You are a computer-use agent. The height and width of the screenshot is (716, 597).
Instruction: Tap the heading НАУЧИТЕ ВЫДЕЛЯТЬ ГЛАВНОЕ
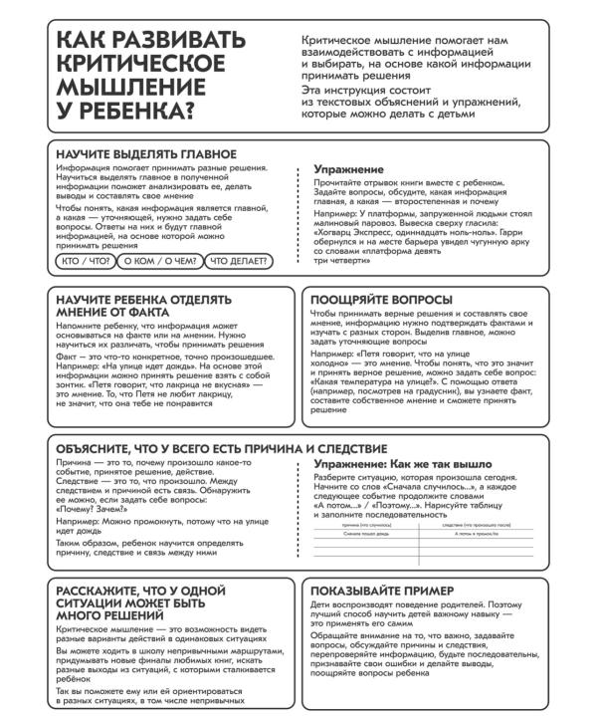point(146,154)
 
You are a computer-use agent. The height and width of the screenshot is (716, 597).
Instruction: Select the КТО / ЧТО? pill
point(86,262)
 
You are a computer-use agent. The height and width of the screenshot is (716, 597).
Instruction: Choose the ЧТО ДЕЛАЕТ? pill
point(237,262)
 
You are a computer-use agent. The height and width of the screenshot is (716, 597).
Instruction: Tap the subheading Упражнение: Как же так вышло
point(402,465)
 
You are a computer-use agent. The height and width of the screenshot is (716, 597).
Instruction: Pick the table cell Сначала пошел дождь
point(368,534)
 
